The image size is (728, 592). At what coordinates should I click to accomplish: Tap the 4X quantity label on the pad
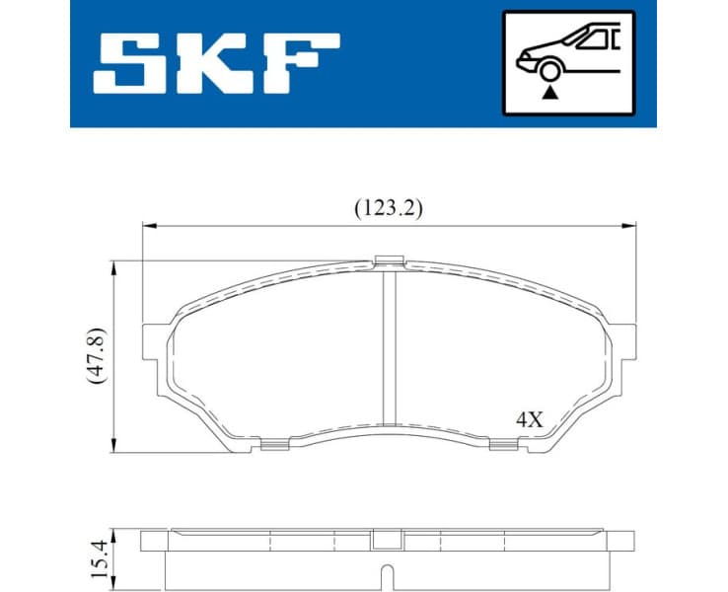coord(530,418)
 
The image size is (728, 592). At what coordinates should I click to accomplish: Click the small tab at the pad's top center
coord(391,261)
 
